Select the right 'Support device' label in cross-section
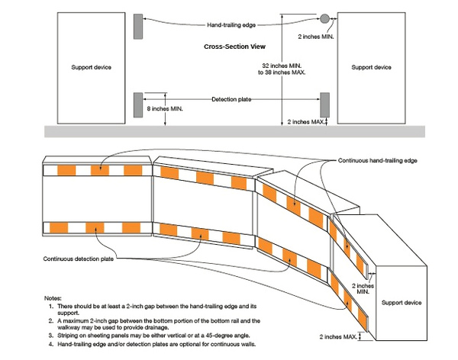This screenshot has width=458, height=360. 371,67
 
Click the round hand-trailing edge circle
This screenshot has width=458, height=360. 324,18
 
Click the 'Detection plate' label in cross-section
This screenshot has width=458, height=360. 233,99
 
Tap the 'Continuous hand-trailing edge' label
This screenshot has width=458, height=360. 377,161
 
